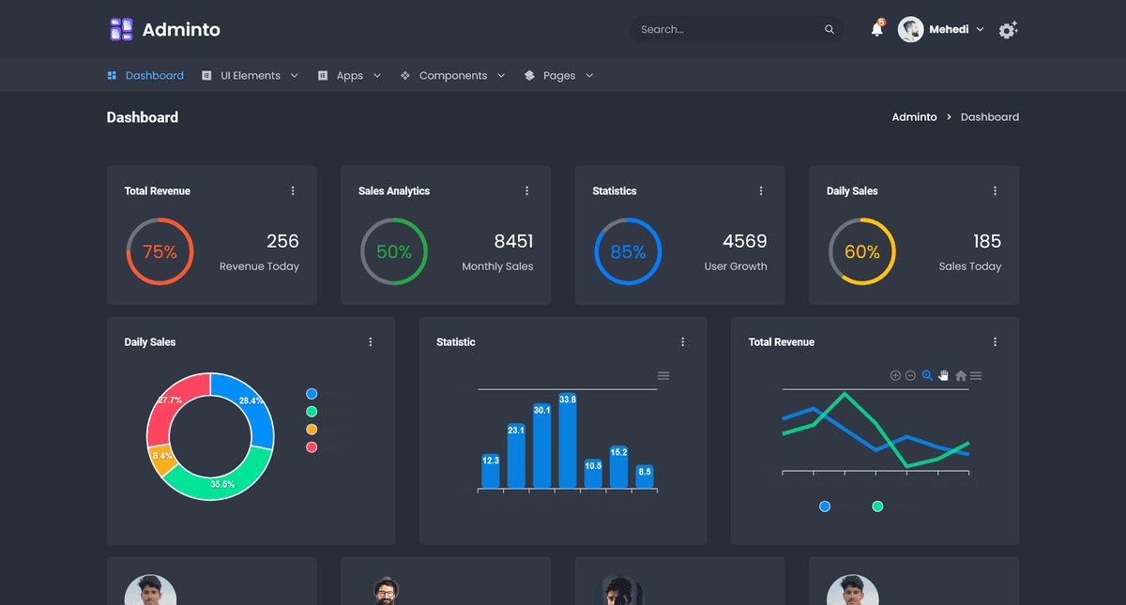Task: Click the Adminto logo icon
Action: point(121,29)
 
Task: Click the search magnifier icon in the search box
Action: point(829,30)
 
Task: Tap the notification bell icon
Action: point(876,30)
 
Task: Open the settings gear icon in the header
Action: point(1008,30)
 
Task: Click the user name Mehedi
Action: point(949,30)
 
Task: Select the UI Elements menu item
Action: point(250,76)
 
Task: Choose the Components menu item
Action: point(452,76)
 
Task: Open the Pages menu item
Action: point(558,76)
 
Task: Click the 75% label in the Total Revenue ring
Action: point(160,251)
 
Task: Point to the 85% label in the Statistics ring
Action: point(628,251)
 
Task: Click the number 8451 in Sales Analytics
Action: point(513,241)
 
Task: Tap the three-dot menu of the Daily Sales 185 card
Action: point(995,191)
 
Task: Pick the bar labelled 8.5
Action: point(644,477)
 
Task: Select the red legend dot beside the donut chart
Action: point(312,446)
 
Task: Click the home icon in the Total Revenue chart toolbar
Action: point(961,376)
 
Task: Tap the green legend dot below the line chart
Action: point(877,507)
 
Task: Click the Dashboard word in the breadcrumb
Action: point(989,117)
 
